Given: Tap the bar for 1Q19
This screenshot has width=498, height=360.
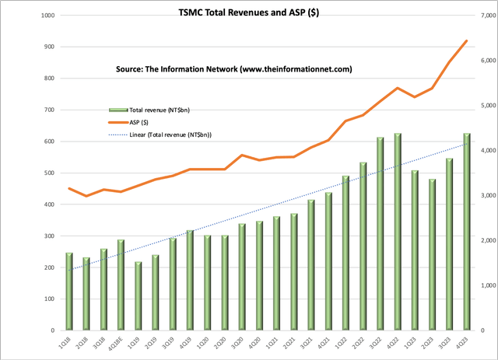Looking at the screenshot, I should point(139,296).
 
